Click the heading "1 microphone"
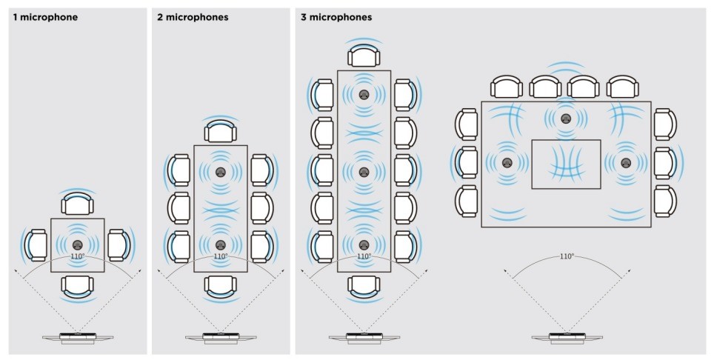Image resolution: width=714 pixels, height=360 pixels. pos(45,16)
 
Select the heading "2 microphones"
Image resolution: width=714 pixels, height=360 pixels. pos(193,16)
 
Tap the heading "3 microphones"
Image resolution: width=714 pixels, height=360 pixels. pos(336,16)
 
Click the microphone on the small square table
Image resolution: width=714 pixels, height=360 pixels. pos(77,244)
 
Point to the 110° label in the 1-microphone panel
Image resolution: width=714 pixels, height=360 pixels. pos(77,256)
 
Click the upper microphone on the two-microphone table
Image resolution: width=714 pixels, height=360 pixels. pos(220,172)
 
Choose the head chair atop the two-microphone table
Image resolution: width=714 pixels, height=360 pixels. pos(220,133)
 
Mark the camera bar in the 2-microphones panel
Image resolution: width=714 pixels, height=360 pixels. pos(220,338)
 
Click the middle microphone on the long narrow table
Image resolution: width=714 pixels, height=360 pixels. pos(364,171)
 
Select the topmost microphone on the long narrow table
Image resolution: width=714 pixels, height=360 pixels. pos(364,95)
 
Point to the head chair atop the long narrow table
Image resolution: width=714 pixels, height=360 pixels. pos(364,56)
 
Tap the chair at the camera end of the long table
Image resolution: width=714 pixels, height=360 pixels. pos(364,285)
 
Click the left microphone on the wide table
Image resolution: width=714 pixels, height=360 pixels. pos(507,163)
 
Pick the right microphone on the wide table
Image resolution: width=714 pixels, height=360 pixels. pos(626,163)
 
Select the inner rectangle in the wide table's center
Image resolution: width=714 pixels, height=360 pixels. pos(566,164)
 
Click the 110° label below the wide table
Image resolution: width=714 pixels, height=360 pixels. pos(567,256)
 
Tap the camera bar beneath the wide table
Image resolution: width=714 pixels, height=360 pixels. pos(567,338)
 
